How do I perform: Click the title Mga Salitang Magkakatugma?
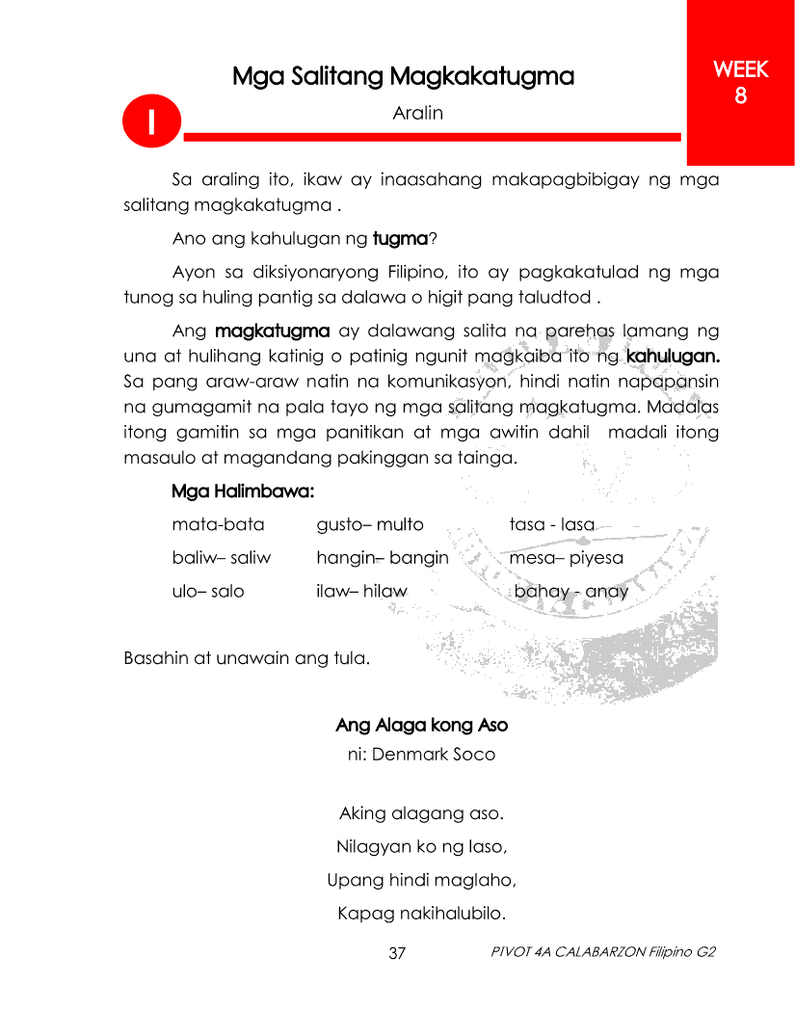click(x=403, y=76)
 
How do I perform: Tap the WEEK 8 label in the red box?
click(x=740, y=83)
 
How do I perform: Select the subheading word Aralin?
click(x=417, y=113)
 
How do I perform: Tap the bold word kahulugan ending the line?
click(x=673, y=356)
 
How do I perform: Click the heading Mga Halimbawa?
click(x=243, y=491)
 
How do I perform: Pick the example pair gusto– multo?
click(x=370, y=524)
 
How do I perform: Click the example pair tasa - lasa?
click(x=551, y=524)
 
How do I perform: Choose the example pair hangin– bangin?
click(x=383, y=557)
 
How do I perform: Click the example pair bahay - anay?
click(x=570, y=591)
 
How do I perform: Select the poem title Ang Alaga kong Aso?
click(x=421, y=724)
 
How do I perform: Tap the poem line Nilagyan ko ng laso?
click(x=421, y=847)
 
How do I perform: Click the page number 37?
click(x=397, y=954)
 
